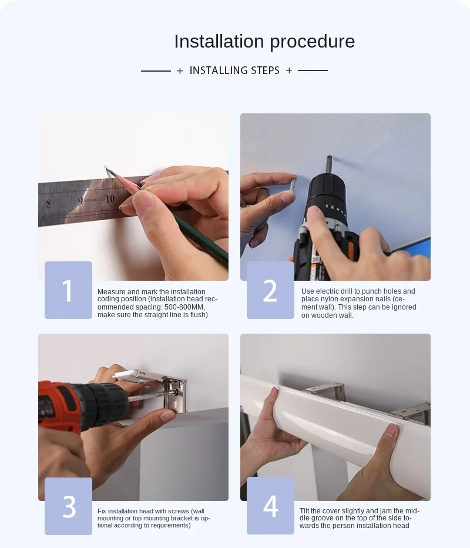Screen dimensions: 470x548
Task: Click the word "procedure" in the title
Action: [313, 42]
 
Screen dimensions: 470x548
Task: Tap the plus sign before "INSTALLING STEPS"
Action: [180, 71]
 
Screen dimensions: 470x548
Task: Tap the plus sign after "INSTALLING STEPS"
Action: [289, 70]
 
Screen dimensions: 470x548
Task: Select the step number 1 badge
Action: [69, 290]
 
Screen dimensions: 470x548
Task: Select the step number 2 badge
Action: [270, 290]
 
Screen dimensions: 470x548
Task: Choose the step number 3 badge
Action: [69, 506]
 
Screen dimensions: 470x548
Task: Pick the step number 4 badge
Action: [270, 506]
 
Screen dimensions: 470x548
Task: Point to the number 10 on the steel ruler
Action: [110, 199]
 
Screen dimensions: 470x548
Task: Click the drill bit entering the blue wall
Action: [329, 165]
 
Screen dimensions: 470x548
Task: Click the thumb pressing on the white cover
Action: [391, 433]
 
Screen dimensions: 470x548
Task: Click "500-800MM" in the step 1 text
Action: [184, 307]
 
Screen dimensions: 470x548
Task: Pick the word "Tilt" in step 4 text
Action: [304, 511]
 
